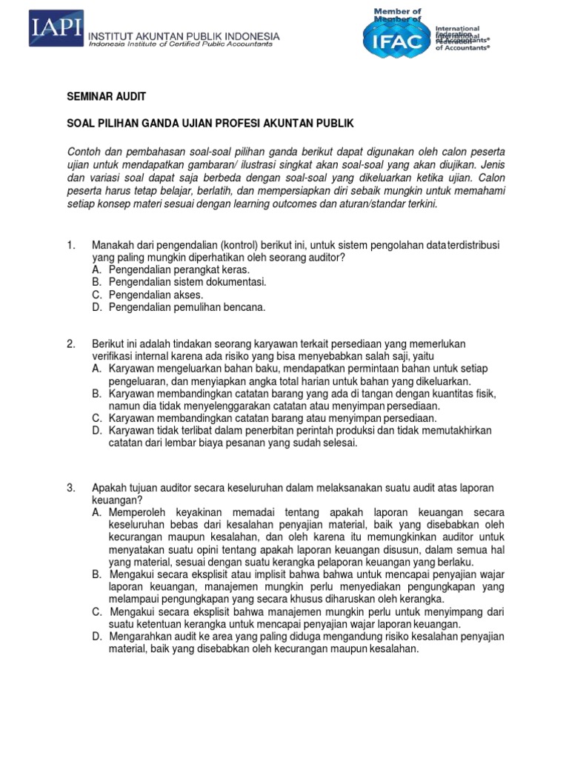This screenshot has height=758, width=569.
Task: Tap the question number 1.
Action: [71, 245]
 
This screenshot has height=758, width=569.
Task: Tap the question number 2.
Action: [71, 344]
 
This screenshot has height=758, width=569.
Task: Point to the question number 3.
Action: [71, 489]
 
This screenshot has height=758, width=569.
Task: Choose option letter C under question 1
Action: [96, 295]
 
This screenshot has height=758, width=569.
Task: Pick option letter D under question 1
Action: [96, 307]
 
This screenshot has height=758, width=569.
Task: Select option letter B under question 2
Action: [96, 394]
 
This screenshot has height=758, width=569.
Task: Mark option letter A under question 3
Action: [96, 512]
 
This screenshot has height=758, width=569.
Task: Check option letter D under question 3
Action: [96, 637]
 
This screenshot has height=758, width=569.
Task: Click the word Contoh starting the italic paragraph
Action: [84, 152]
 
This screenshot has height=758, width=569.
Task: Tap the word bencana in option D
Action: [246, 307]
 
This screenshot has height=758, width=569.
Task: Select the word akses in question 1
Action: [187, 295]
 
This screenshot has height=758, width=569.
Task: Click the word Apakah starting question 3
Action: [109, 489]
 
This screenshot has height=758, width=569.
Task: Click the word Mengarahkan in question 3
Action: [142, 637]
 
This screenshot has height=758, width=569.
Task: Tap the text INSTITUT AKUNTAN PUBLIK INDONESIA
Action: [184, 36]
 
